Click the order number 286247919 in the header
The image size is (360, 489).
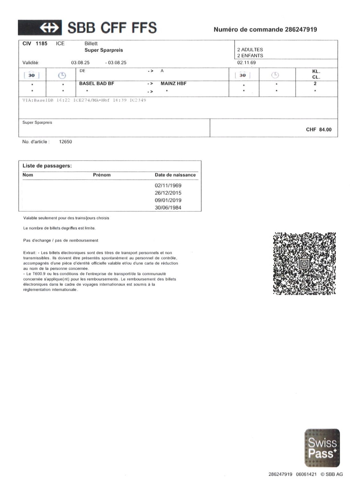click(301, 29)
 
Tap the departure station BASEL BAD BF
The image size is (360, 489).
click(97, 84)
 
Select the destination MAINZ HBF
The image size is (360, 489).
click(173, 84)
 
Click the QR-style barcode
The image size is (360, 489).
click(304, 263)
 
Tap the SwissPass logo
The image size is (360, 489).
click(322, 448)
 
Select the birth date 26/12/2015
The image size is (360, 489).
click(168, 193)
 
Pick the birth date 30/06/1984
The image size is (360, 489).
click(168, 208)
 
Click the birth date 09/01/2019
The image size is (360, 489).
click(168, 200)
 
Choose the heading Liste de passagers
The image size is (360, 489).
click(47, 166)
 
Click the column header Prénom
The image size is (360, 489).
click(102, 175)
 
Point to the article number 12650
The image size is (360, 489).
click(66, 142)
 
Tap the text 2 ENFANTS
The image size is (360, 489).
click(250, 56)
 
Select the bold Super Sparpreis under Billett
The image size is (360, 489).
click(104, 50)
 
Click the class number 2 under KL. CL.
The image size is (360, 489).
click(315, 84)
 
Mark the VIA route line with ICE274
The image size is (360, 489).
click(84, 100)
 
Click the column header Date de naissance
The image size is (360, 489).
click(175, 175)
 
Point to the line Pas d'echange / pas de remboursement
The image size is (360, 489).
click(61, 240)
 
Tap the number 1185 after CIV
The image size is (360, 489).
click(41, 44)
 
